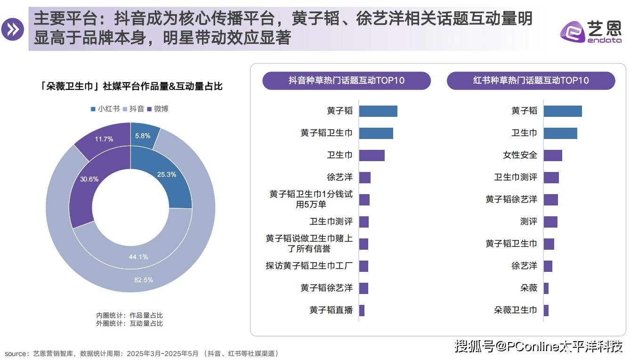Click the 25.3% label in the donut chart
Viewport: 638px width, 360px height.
[167, 174]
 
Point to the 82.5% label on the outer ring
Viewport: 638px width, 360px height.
[144, 280]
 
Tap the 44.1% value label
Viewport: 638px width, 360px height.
[138, 257]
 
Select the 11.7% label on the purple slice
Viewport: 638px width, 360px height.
[104, 139]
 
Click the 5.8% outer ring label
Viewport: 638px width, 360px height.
[143, 136]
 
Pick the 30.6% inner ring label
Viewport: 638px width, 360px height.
[89, 179]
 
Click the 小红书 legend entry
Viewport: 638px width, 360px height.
[105, 109]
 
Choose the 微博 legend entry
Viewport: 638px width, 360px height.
[157, 109]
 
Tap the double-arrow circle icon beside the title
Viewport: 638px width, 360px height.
[12, 30]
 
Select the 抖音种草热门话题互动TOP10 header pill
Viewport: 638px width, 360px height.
[347, 81]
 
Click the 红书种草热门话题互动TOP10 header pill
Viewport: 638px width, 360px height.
[531, 81]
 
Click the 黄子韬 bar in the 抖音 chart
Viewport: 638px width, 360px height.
[378, 111]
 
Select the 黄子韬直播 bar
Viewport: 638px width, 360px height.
[362, 310]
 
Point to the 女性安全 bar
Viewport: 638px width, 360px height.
[553, 155]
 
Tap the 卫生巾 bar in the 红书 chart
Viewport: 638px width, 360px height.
[560, 133]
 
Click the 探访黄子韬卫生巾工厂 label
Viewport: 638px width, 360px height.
[309, 266]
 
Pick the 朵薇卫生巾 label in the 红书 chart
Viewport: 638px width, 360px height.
[515, 310]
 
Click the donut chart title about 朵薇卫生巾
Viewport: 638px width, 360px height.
[131, 86]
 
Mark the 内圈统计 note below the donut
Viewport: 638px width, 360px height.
[129, 315]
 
